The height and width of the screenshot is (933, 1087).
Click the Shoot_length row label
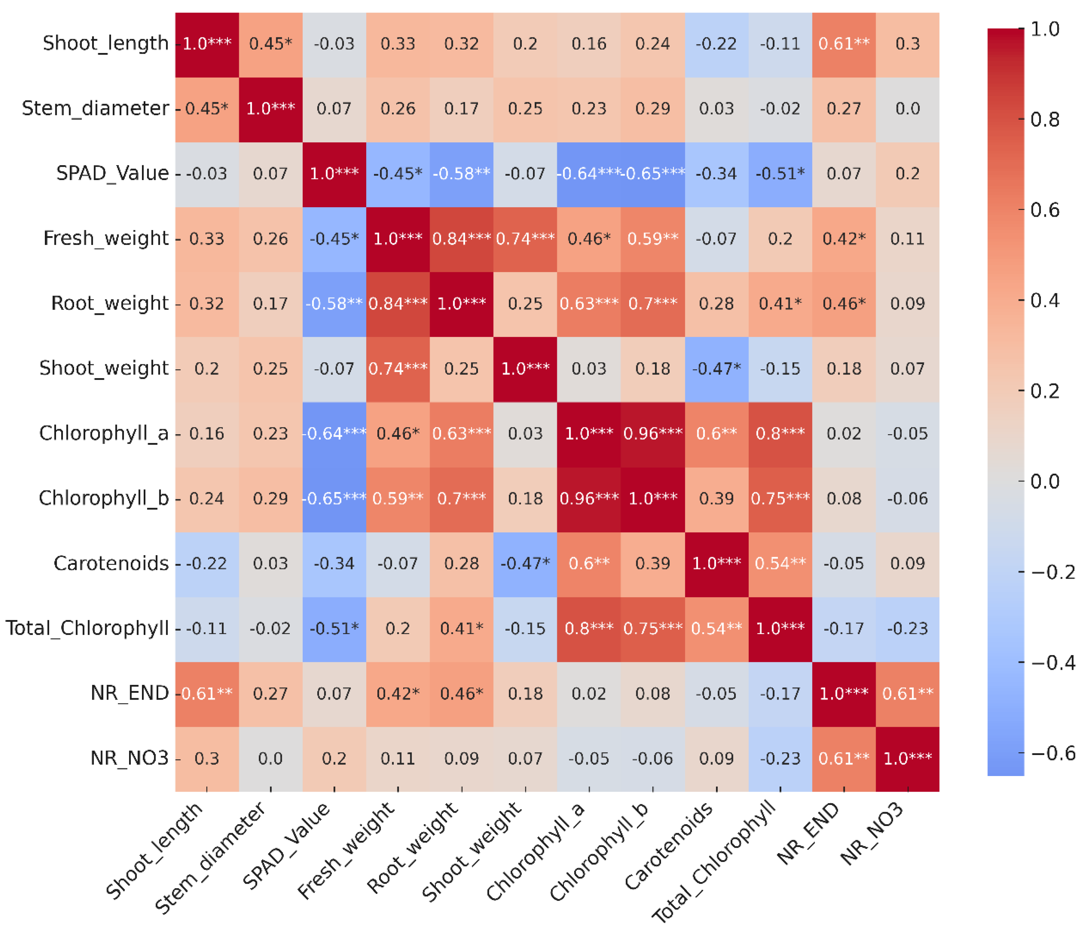[105, 43]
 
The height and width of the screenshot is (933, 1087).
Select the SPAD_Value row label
[112, 173]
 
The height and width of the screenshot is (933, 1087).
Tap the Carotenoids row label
[111, 564]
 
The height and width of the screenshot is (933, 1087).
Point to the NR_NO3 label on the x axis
[873, 834]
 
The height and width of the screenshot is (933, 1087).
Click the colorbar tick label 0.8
[1045, 120]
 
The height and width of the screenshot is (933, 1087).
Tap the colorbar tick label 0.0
[1045, 481]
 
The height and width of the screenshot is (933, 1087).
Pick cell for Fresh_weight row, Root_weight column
[461, 239]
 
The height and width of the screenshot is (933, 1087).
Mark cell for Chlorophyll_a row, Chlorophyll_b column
[653, 434]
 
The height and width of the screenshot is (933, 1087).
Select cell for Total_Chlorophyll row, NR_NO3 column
[908, 629]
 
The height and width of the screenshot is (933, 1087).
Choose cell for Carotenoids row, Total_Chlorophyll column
[780, 564]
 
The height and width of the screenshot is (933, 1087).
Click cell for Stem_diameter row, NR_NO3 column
[908, 109]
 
